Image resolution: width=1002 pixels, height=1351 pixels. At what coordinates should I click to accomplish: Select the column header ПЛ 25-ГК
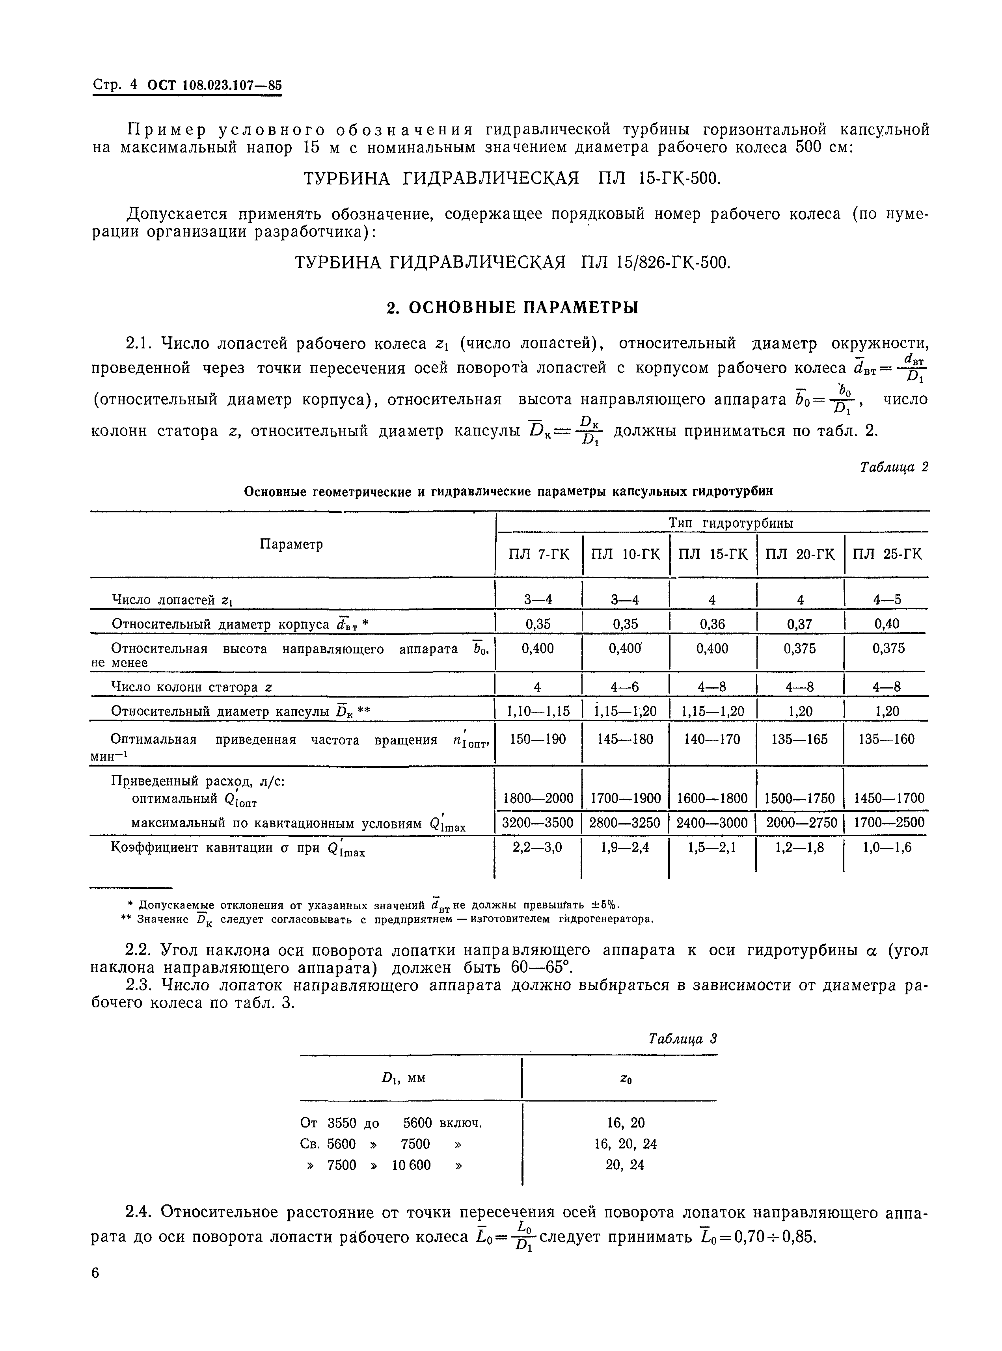click(887, 554)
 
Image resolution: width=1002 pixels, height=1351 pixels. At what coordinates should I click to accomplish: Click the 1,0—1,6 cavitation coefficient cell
click(887, 847)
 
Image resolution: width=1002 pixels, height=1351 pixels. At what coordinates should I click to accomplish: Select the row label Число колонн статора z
click(192, 688)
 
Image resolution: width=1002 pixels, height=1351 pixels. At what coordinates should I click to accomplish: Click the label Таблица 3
click(682, 1039)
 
